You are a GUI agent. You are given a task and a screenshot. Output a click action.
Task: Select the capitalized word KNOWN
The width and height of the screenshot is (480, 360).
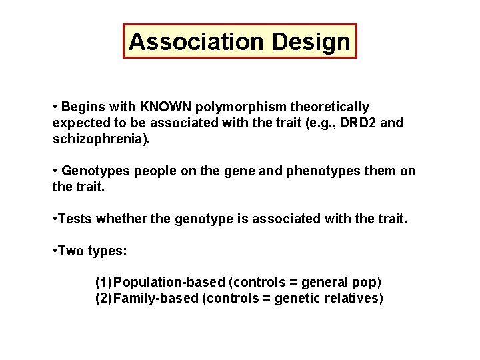click(163, 107)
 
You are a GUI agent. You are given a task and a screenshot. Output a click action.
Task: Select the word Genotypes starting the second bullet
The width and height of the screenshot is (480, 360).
click(93, 171)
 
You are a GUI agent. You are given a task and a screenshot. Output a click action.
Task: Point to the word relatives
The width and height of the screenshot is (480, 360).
click(354, 298)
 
